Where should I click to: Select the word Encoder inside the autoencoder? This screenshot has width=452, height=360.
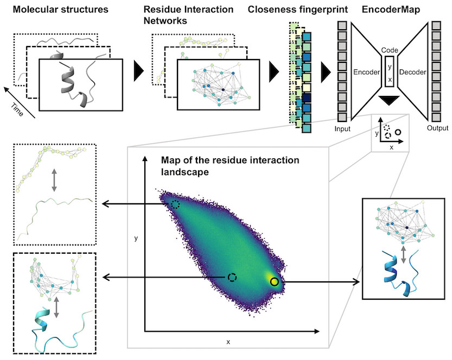tap(366, 72)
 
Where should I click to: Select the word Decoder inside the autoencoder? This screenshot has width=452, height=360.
tap(413, 72)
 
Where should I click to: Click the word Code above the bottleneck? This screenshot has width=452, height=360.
tap(390, 49)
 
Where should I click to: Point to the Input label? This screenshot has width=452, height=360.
tap(342, 128)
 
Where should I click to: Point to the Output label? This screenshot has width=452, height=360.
tap(437, 128)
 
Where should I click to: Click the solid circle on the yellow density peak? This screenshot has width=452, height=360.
tap(275, 282)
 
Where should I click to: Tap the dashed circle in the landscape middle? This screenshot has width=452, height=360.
tap(232, 277)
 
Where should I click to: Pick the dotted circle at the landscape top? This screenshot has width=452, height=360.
tap(175, 204)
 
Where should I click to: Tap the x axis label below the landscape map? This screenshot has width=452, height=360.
tap(228, 342)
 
